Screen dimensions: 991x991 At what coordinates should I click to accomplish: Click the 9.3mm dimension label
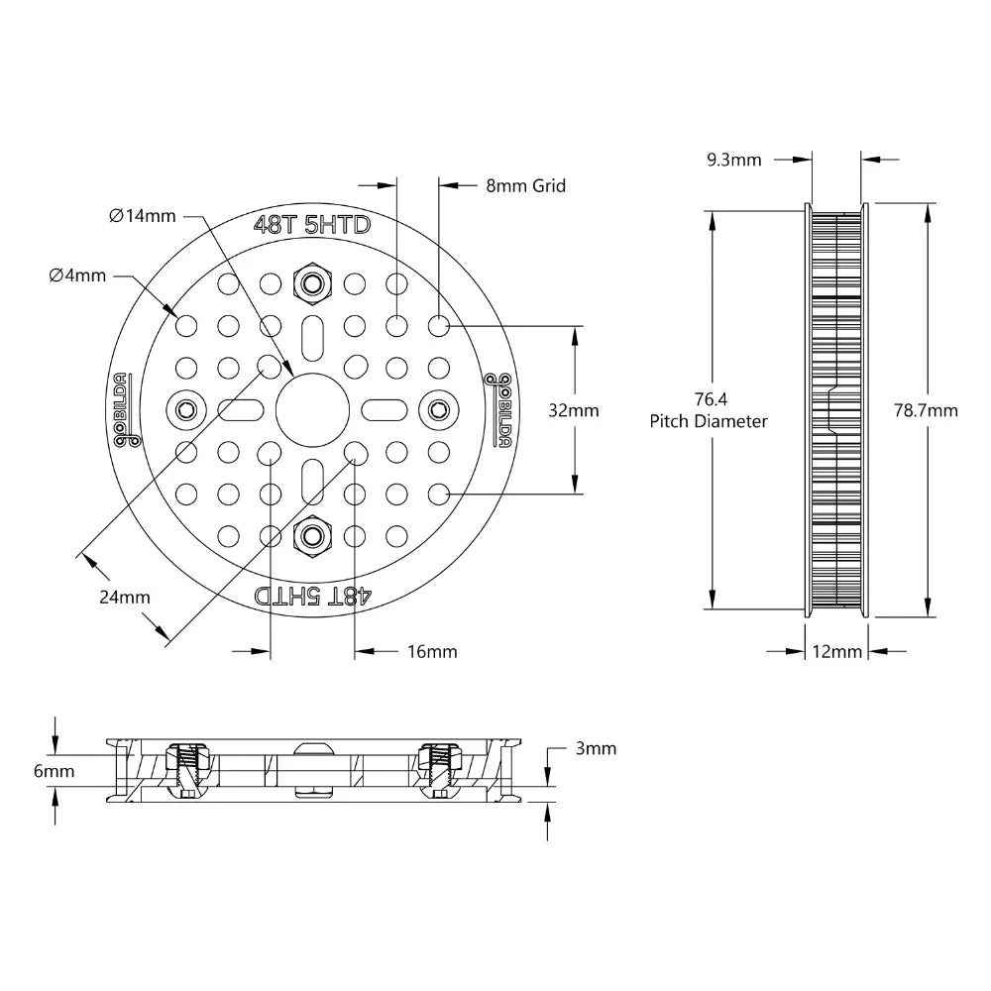pyautogui.click(x=734, y=159)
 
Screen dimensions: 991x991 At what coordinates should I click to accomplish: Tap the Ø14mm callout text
pyautogui.click(x=143, y=215)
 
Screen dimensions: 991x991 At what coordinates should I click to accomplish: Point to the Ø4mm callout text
pyautogui.click(x=77, y=275)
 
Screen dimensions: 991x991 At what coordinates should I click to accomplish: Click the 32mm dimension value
pyautogui.click(x=574, y=409)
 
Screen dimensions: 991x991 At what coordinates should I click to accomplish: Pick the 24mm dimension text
pyautogui.click(x=125, y=597)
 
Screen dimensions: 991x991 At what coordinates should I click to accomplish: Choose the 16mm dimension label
pyautogui.click(x=432, y=651)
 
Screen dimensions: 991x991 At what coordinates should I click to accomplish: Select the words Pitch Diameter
pyautogui.click(x=709, y=421)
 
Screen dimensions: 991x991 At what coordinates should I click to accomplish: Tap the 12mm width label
pyautogui.click(x=837, y=651)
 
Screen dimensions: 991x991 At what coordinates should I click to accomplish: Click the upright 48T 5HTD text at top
pyautogui.click(x=312, y=226)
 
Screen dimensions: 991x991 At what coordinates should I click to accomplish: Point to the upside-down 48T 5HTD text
pyautogui.click(x=312, y=595)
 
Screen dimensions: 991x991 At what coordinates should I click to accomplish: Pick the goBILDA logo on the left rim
pyautogui.click(x=123, y=409)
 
